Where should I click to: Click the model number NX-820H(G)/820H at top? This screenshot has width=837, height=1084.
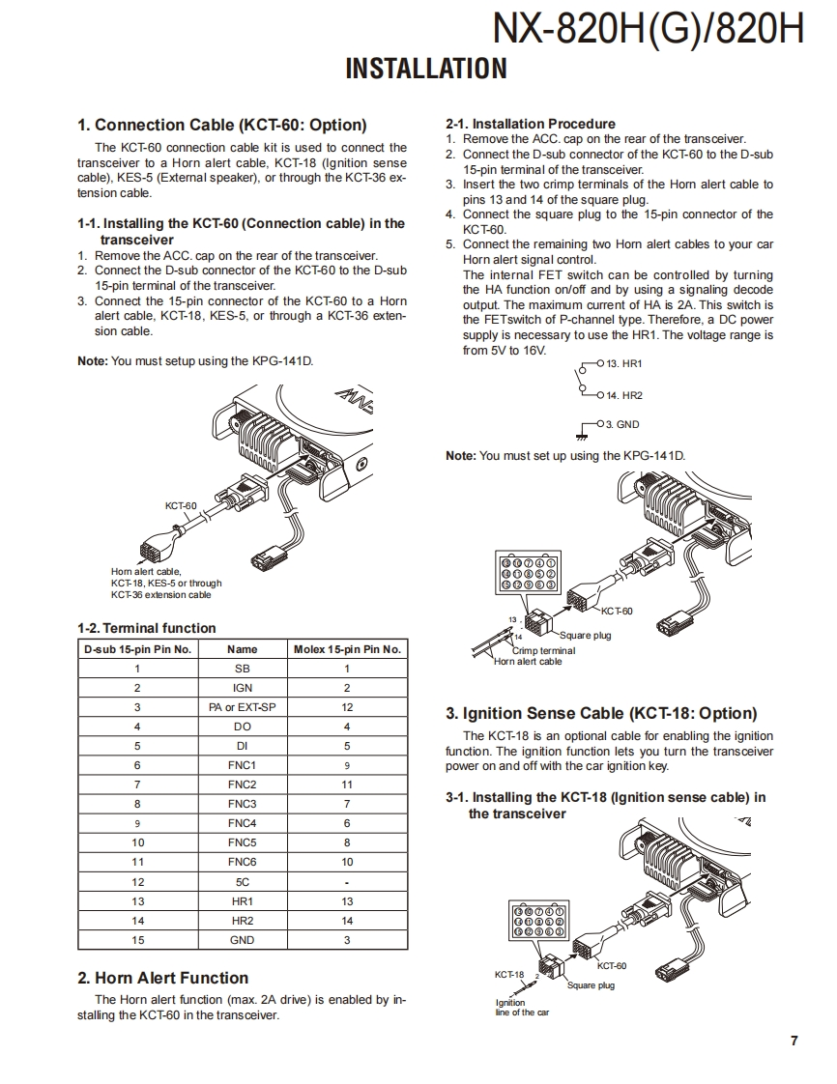[x=648, y=29]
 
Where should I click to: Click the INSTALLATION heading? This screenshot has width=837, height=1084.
[x=426, y=69]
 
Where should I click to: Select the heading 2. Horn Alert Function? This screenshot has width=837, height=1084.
[x=162, y=978]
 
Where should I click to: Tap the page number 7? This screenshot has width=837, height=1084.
[x=794, y=1041]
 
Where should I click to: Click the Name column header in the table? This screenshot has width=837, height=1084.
[x=242, y=649]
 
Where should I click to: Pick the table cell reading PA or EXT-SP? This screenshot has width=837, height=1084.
[x=242, y=707]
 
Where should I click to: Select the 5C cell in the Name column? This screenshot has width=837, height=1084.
[x=242, y=882]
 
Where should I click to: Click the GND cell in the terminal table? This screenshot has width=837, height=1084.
[x=242, y=940]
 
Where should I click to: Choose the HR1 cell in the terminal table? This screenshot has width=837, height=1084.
[x=242, y=901]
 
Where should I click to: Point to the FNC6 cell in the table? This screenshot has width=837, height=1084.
[x=242, y=862]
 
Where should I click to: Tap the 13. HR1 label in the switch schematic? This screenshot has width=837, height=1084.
[x=624, y=363]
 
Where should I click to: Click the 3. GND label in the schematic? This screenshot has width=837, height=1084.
[x=622, y=424]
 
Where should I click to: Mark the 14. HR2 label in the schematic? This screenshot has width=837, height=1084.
[x=624, y=395]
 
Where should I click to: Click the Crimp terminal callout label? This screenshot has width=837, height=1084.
[x=543, y=651]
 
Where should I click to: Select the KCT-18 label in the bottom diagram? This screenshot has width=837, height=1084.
[x=509, y=975]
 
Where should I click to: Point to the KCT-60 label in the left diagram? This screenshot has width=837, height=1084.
[x=181, y=505]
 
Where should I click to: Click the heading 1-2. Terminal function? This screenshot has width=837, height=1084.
[x=147, y=628]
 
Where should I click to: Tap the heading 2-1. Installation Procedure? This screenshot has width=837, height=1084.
[x=531, y=124]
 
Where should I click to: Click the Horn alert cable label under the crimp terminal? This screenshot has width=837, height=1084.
[x=528, y=662]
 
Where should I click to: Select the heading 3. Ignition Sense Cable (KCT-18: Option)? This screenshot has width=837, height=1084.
[x=601, y=714]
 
